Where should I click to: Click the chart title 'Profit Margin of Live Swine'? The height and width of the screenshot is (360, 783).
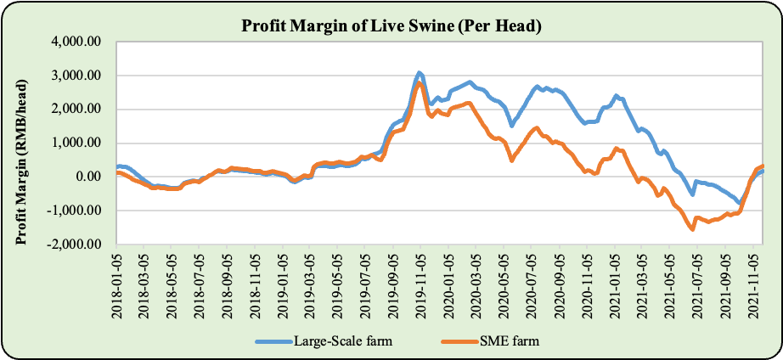(391, 26)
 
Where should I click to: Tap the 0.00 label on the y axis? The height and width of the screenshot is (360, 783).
(90, 177)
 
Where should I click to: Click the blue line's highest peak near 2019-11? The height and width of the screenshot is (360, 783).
(420, 72)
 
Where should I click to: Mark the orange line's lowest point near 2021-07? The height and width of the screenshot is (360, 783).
(693, 229)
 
